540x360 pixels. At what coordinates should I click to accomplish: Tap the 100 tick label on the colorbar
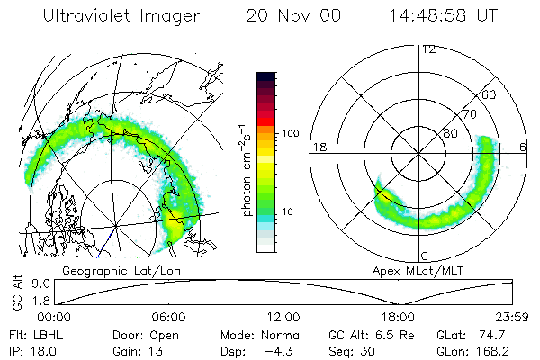[291, 133]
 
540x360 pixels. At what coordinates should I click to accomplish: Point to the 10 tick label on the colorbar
[287, 211]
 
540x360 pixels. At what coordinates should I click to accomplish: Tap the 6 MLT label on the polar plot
[524, 146]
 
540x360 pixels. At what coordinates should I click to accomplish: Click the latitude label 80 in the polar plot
[450, 133]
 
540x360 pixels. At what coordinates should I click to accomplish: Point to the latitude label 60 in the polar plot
[490, 94]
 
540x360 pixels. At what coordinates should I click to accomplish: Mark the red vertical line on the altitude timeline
[337, 292]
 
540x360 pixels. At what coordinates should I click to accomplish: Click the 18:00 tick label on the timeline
[398, 317]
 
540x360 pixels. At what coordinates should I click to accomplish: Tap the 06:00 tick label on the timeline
[168, 317]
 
